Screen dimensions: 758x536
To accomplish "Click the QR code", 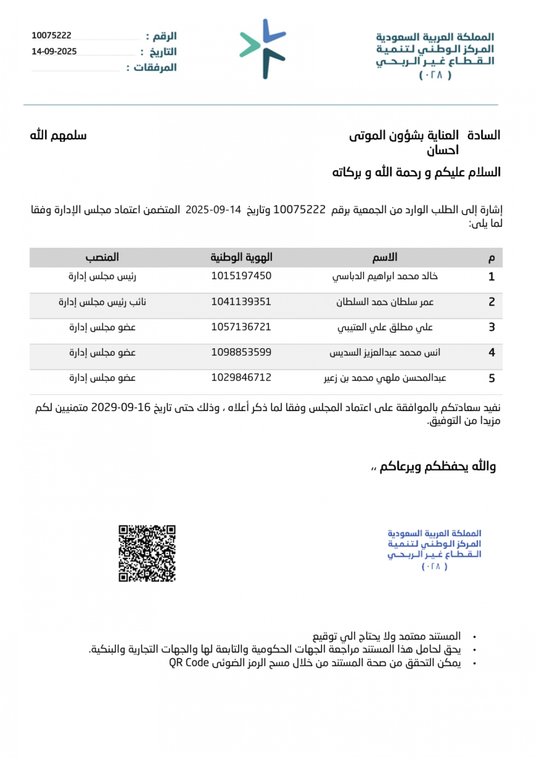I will (147, 553).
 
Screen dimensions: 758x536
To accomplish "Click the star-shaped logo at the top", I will (263, 49).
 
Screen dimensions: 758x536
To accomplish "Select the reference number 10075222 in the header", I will (51, 36).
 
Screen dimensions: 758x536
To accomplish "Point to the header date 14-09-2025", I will (54, 51).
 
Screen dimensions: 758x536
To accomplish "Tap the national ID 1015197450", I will (241, 276).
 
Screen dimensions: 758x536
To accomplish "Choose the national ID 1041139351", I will (241, 302).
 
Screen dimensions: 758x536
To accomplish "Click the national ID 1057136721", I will (241, 327).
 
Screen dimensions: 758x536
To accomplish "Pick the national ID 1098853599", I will (241, 353).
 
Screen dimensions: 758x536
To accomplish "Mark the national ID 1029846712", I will (241, 378).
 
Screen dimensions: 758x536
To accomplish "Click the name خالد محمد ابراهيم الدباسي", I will (385, 276).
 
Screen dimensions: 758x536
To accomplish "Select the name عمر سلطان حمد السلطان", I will (385, 302).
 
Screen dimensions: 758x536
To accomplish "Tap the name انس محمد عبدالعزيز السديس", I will (385, 353).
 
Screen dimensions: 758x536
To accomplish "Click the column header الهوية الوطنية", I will (241, 257).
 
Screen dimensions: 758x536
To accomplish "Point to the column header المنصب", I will (102, 257).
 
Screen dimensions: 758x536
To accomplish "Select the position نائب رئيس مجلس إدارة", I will (102, 302).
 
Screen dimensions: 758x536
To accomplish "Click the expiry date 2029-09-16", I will (121, 408).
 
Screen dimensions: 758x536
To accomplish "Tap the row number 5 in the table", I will (491, 379).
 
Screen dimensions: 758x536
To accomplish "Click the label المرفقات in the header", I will (155, 67).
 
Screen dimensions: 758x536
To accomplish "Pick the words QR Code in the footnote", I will (189, 662).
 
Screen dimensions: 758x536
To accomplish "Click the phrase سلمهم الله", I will (58, 135).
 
